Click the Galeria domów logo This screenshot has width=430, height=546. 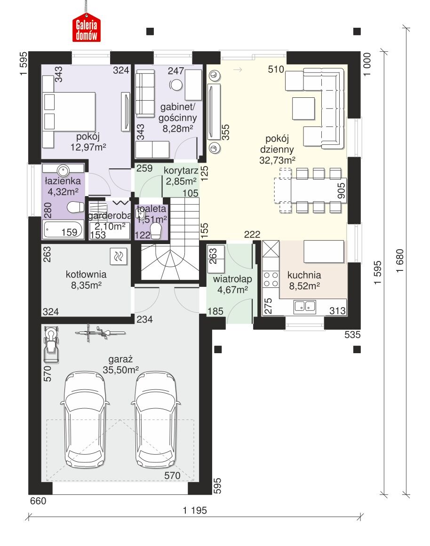click(87, 27)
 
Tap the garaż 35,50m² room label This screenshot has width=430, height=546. click(120, 364)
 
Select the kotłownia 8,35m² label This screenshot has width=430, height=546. click(86, 280)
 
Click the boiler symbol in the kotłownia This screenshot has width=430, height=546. click(119, 256)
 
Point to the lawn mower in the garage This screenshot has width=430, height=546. click(51, 344)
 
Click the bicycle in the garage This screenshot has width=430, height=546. click(100, 333)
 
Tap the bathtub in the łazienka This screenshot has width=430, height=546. click(63, 229)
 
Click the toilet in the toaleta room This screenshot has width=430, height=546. click(156, 230)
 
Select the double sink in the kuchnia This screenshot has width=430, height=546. click(305, 306)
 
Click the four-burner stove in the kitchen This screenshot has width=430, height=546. click(271, 279)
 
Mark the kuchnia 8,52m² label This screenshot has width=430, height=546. click(304, 280)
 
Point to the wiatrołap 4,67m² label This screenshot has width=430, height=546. click(232, 284)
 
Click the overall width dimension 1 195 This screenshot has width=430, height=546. click(195, 510)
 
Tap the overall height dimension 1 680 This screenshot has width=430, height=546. click(400, 261)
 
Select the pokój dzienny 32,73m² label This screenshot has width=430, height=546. click(278, 150)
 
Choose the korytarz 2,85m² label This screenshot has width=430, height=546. click(181, 176)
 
